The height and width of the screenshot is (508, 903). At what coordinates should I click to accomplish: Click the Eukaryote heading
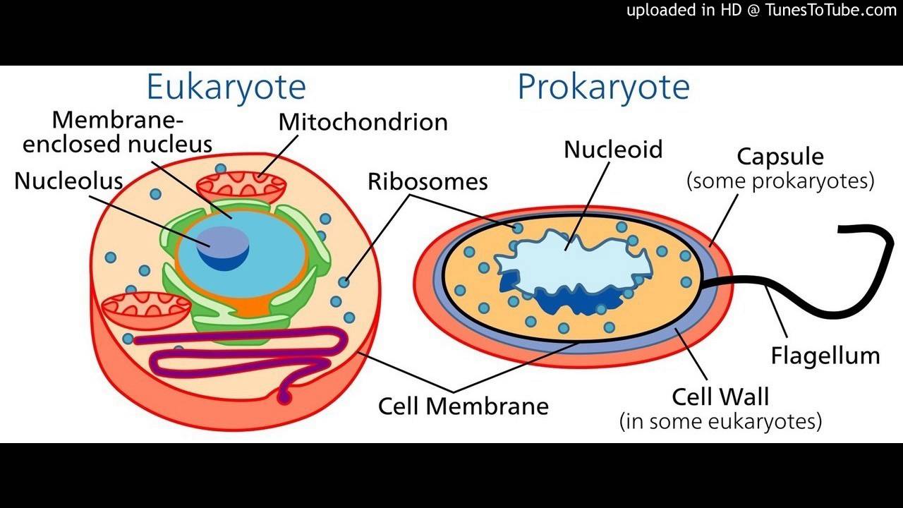point(226,87)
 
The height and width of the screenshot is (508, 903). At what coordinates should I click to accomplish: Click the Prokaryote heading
point(603,87)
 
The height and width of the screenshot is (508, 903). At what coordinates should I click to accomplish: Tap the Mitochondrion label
point(363,122)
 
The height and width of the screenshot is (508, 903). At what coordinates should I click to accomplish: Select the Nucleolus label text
point(68,181)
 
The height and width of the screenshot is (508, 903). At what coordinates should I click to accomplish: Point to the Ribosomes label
point(428,182)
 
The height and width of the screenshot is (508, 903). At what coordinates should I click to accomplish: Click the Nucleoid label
point(613,150)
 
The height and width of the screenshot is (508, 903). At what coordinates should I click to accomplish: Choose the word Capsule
point(780,156)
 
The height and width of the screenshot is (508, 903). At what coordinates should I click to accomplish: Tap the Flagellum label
point(825,356)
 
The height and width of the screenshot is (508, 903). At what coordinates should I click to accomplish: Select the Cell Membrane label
point(463,406)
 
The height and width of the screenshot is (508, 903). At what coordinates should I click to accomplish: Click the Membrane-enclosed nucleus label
point(117,132)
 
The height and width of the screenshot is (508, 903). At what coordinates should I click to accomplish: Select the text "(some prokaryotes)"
point(780,181)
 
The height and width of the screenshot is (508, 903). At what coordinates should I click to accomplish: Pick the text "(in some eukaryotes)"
point(720,422)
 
